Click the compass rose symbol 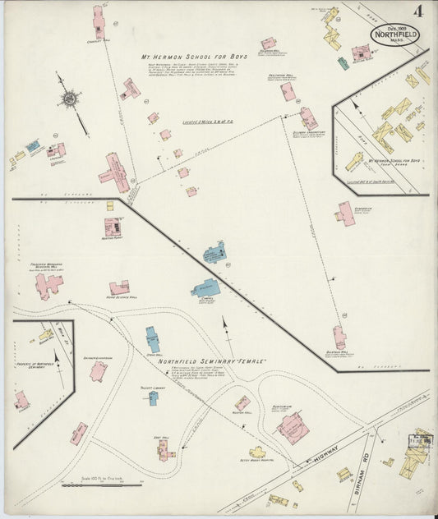click(69, 99)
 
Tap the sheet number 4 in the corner click(419, 11)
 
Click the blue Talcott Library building click(154, 398)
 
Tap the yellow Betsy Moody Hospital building click(257, 452)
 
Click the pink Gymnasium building click(345, 214)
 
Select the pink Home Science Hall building click(119, 288)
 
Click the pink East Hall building click(165, 448)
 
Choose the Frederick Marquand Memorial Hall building click(48, 285)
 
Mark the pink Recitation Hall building click(288, 91)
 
